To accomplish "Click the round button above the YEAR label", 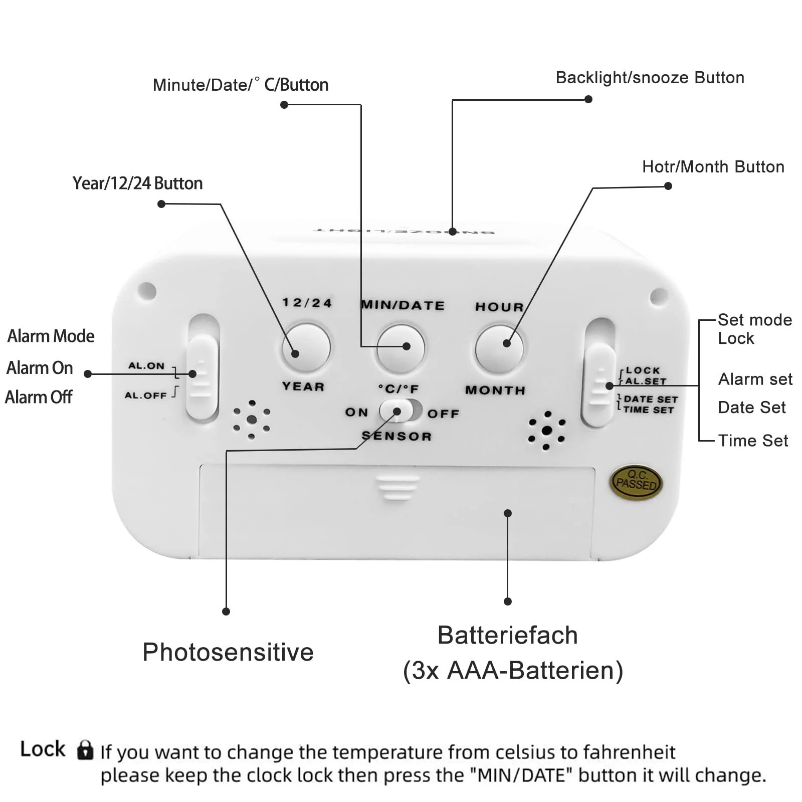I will tap(306, 347).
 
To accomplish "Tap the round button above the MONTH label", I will tap(499, 348).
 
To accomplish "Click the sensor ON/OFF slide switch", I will tap(400, 411).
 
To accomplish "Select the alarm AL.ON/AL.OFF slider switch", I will tap(202, 377).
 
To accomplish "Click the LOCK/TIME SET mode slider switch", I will tap(599, 383).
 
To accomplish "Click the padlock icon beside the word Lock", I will tap(85, 750).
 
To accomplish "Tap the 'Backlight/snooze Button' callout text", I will tap(650, 78).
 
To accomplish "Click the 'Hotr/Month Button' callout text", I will tap(713, 167).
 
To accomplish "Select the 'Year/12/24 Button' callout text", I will tap(137, 183).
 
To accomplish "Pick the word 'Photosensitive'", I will tap(228, 652).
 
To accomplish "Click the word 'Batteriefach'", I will tap(507, 635).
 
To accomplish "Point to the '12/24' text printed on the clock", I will tap(307, 303).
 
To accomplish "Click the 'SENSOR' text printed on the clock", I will tap(396, 436).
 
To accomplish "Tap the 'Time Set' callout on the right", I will tap(753, 441).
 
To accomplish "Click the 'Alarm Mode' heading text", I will tap(51, 336).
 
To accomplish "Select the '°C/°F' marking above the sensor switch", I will tap(398, 389).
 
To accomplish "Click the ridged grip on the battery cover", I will tap(397, 488).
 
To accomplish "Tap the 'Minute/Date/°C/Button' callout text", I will tap(241, 85).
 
